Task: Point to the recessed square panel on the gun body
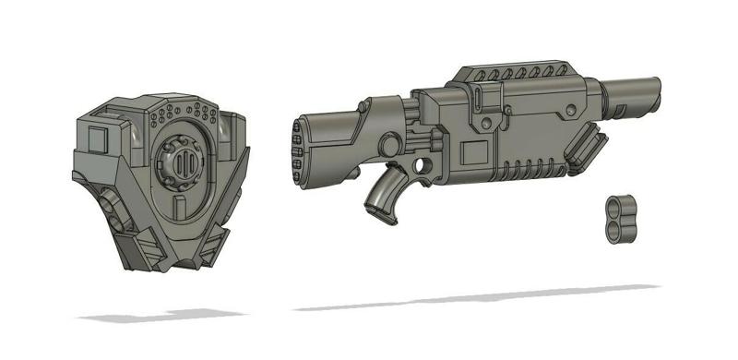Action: click(x=475, y=151)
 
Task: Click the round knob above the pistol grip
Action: click(x=392, y=144)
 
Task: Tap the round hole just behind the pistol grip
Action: click(x=424, y=164)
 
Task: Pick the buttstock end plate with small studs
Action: click(x=298, y=148)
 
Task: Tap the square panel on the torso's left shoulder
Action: click(x=96, y=140)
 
